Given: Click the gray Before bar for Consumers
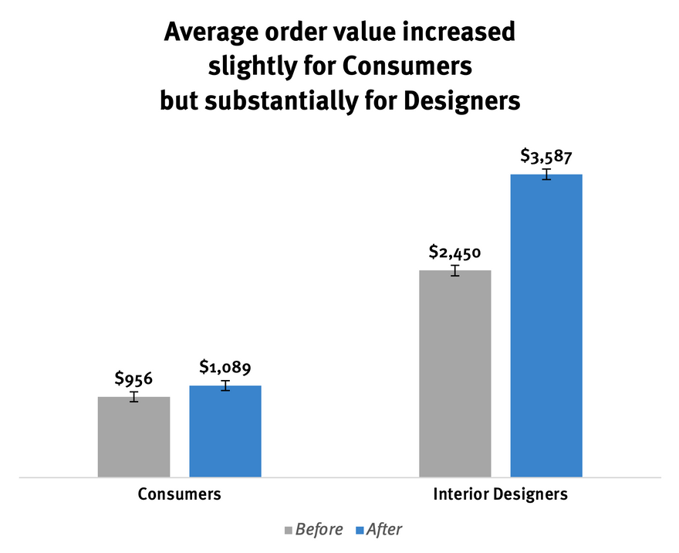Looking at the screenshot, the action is [x=133, y=437].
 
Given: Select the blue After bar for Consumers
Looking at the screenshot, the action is [x=225, y=431].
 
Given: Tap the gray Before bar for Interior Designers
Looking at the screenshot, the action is [x=455, y=374].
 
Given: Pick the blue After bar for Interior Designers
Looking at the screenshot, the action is [x=546, y=325].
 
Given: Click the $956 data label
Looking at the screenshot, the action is [x=133, y=378].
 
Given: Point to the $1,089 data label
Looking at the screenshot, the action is [x=225, y=367].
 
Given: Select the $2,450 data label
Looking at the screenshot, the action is [x=455, y=252].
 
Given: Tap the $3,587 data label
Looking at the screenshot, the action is [x=546, y=156].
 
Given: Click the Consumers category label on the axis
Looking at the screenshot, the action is [x=179, y=494].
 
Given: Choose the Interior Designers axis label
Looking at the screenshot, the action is [x=501, y=494].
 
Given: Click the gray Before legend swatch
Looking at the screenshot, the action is [x=289, y=530].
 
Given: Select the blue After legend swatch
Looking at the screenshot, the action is [x=360, y=530].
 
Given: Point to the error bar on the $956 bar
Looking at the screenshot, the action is [x=134, y=396].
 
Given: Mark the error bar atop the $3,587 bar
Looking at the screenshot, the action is [x=547, y=175].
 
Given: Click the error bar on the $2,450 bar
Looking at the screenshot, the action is [x=455, y=270].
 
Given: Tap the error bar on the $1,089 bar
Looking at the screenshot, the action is [x=225, y=385].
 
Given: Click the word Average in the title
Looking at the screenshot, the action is [x=211, y=32].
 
